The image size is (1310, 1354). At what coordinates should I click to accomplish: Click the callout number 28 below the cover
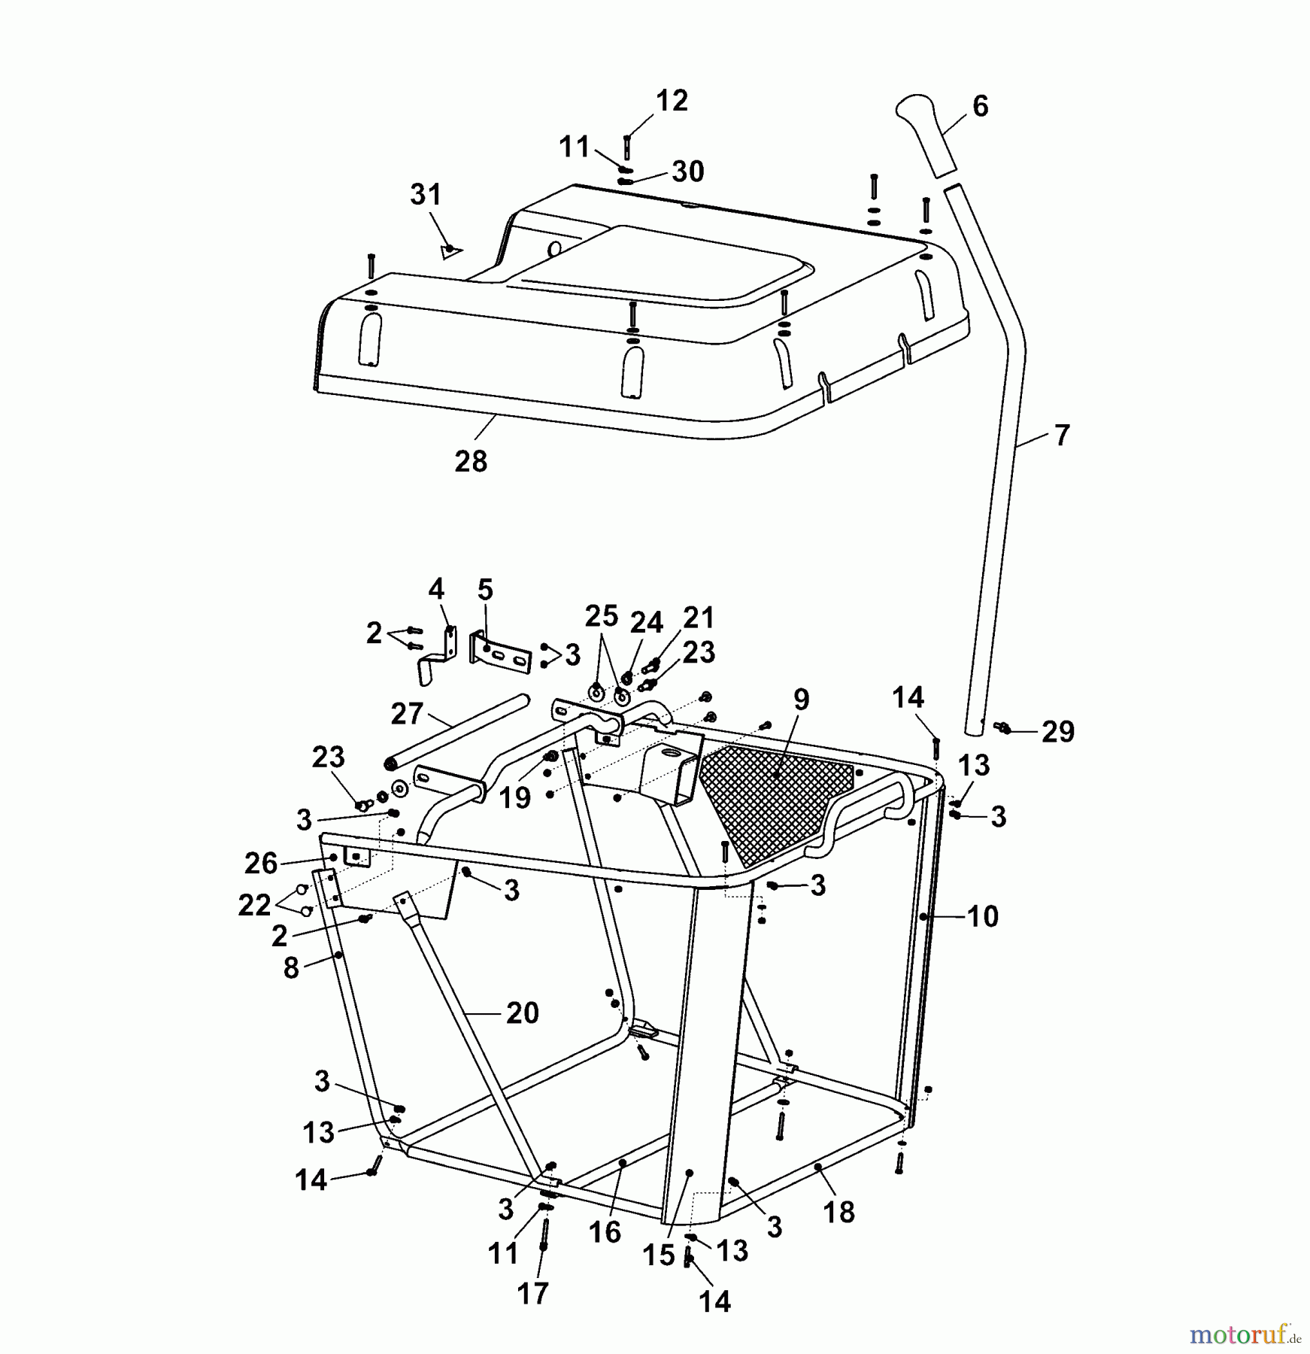pyautogui.click(x=471, y=460)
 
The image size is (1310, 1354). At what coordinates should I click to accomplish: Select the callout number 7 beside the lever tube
pyautogui.click(x=1061, y=436)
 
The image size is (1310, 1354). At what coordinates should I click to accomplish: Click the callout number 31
pyautogui.click(x=426, y=195)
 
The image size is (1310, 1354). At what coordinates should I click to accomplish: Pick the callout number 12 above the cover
pyautogui.click(x=672, y=101)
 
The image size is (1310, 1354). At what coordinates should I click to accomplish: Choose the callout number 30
pyautogui.click(x=687, y=172)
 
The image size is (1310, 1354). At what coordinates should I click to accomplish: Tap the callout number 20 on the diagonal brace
pyautogui.click(x=523, y=1012)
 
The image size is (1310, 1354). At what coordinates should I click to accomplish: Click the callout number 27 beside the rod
pyautogui.click(x=407, y=713)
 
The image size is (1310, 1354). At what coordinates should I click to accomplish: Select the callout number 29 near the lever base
pyautogui.click(x=1057, y=731)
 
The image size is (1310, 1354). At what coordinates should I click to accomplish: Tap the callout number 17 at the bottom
pyautogui.click(x=532, y=1294)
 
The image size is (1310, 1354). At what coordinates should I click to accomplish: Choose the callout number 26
pyautogui.click(x=261, y=863)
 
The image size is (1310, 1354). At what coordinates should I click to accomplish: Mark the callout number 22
pyautogui.click(x=253, y=904)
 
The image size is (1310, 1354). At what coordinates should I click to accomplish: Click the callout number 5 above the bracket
pyautogui.click(x=485, y=590)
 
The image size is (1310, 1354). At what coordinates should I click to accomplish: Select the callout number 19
pyautogui.click(x=515, y=797)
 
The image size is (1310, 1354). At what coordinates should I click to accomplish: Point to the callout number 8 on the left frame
pyautogui.click(x=291, y=967)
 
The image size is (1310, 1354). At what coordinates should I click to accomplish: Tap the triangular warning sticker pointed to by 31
pyautogui.click(x=450, y=250)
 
